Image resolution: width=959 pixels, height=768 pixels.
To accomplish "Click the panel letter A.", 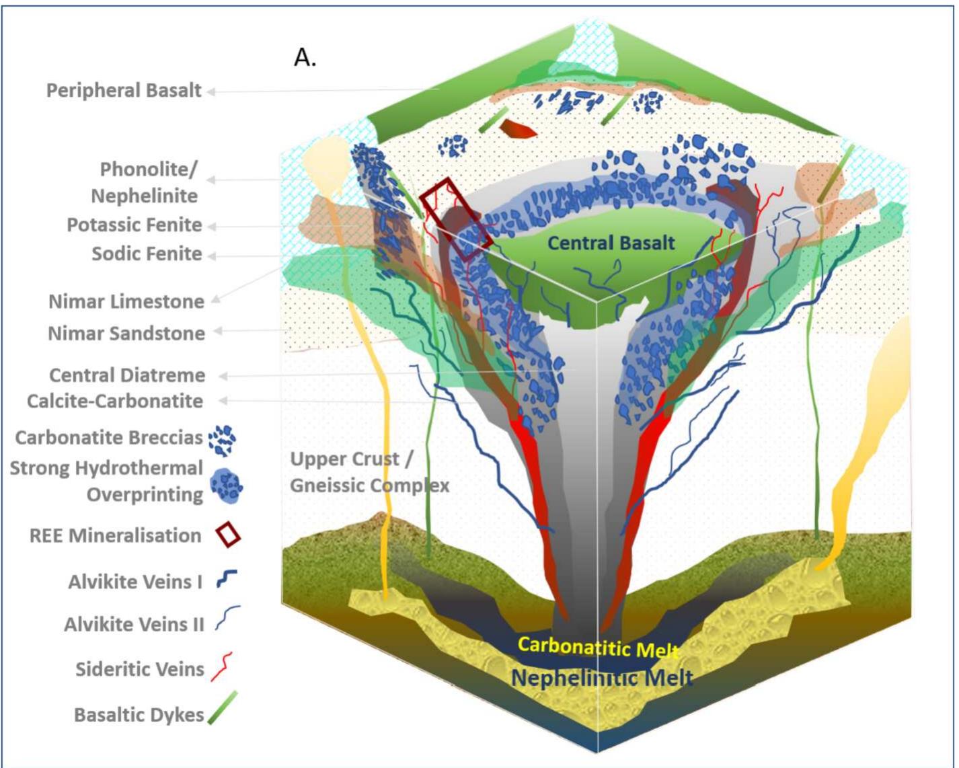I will click(305, 59).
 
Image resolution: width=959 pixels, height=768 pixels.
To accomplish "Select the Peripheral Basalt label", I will click(124, 90).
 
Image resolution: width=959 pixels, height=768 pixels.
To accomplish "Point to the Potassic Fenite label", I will click(134, 225).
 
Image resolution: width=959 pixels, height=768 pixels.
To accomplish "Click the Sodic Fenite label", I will click(147, 254).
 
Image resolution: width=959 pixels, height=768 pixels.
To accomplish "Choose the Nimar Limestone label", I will click(126, 301).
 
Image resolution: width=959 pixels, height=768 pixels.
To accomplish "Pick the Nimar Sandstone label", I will click(126, 333).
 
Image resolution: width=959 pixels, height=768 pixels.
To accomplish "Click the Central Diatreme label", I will click(127, 375).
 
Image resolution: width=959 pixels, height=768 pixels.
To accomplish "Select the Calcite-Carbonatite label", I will click(114, 401).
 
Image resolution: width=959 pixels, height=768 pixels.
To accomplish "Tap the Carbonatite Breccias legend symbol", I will click(222, 440).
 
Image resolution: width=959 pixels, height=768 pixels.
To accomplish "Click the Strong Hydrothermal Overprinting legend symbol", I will click(226, 485).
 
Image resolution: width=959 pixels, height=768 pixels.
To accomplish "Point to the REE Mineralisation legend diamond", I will click(228, 535).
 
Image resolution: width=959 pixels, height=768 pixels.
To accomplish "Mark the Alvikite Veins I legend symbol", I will click(226, 579).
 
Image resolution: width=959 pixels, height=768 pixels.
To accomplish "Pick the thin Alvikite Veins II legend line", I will click(227, 618).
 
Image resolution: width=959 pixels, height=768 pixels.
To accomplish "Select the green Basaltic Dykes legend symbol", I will click(223, 708).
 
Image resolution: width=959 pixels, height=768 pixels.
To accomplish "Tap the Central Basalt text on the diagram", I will click(611, 243).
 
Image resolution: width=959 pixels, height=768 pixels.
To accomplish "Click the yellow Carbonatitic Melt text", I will click(597, 647).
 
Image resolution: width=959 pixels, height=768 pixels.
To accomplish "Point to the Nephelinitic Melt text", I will click(602, 677).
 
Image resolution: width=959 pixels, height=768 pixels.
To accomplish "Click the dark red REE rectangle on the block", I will click(456, 218).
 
